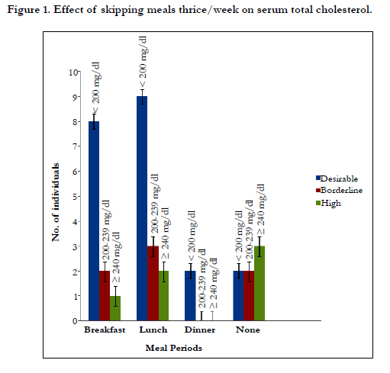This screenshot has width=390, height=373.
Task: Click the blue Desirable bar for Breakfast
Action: tap(94, 221)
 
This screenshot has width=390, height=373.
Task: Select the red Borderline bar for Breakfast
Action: tap(105, 296)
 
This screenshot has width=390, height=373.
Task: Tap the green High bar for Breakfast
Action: tap(115, 308)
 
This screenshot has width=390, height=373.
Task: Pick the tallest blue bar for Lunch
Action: tap(142, 208)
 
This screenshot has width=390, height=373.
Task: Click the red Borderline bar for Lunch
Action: tap(153, 283)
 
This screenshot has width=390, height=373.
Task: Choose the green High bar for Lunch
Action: tap(163, 296)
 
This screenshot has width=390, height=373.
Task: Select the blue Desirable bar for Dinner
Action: tap(190, 296)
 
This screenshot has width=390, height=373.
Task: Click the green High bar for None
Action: tap(259, 283)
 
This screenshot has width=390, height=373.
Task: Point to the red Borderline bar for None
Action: tap(249, 296)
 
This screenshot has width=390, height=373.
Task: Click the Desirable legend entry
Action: tap(337, 178)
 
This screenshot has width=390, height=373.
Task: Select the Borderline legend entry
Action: tap(339, 190)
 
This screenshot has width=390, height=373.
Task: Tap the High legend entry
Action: tap(328, 203)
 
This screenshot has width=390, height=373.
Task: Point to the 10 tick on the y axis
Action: tap(73, 72)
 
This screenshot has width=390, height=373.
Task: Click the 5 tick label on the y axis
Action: tap(75, 197)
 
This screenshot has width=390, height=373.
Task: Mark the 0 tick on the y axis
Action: tap(75, 321)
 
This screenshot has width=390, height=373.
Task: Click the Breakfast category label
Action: tap(105, 330)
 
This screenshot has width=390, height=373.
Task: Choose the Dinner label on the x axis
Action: tap(200, 330)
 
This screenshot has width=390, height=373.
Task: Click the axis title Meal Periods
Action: tap(174, 348)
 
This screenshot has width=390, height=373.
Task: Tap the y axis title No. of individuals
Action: tap(55, 202)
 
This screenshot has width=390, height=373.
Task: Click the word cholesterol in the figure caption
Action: tap(343, 10)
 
